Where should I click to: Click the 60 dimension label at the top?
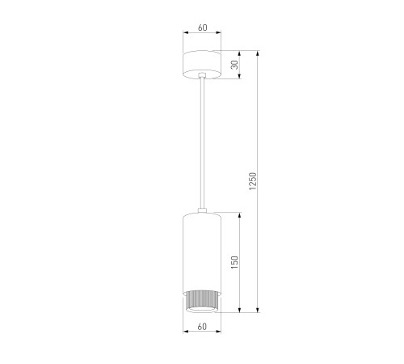[x=203, y=28]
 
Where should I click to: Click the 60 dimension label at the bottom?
[x=202, y=327]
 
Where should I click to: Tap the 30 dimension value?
[x=235, y=65]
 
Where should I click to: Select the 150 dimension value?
[x=235, y=262]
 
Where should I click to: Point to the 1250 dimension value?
[x=253, y=181]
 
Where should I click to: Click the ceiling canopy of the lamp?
[x=202, y=65]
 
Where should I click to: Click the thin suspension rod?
[x=202, y=143]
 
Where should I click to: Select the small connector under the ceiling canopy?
[x=202, y=75]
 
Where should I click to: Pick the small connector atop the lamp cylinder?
[x=202, y=210]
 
